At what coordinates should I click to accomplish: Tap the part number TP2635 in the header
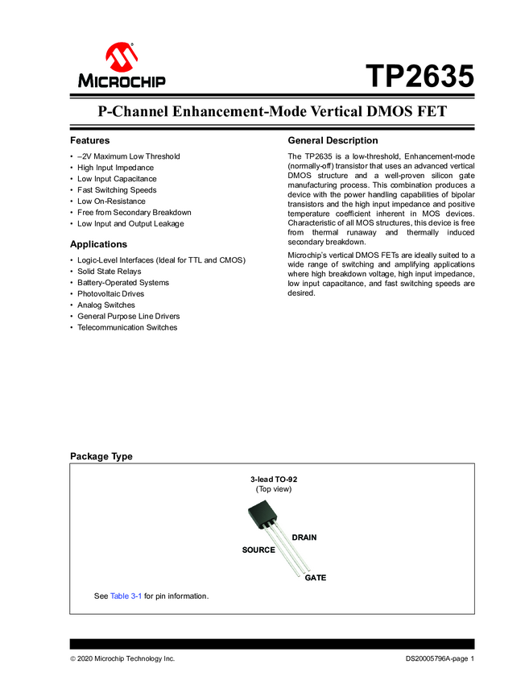coord(419,77)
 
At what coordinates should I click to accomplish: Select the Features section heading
coord(89,140)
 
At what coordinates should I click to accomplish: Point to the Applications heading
coord(98,244)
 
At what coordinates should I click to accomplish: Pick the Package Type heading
coord(101,456)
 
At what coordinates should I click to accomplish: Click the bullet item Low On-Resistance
coord(111,201)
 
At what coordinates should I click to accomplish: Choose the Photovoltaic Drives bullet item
coord(112,294)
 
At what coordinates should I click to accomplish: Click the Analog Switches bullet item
coord(106,305)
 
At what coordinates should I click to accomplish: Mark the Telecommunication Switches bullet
coord(127,328)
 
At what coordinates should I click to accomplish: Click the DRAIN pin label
coord(304,537)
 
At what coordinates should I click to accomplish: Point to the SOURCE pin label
coord(258,550)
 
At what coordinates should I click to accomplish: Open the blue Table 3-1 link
coord(126,596)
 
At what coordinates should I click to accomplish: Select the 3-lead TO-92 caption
coord(274,479)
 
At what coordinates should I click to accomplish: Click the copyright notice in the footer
coord(122,659)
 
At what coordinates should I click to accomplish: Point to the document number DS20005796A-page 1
coord(440,659)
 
